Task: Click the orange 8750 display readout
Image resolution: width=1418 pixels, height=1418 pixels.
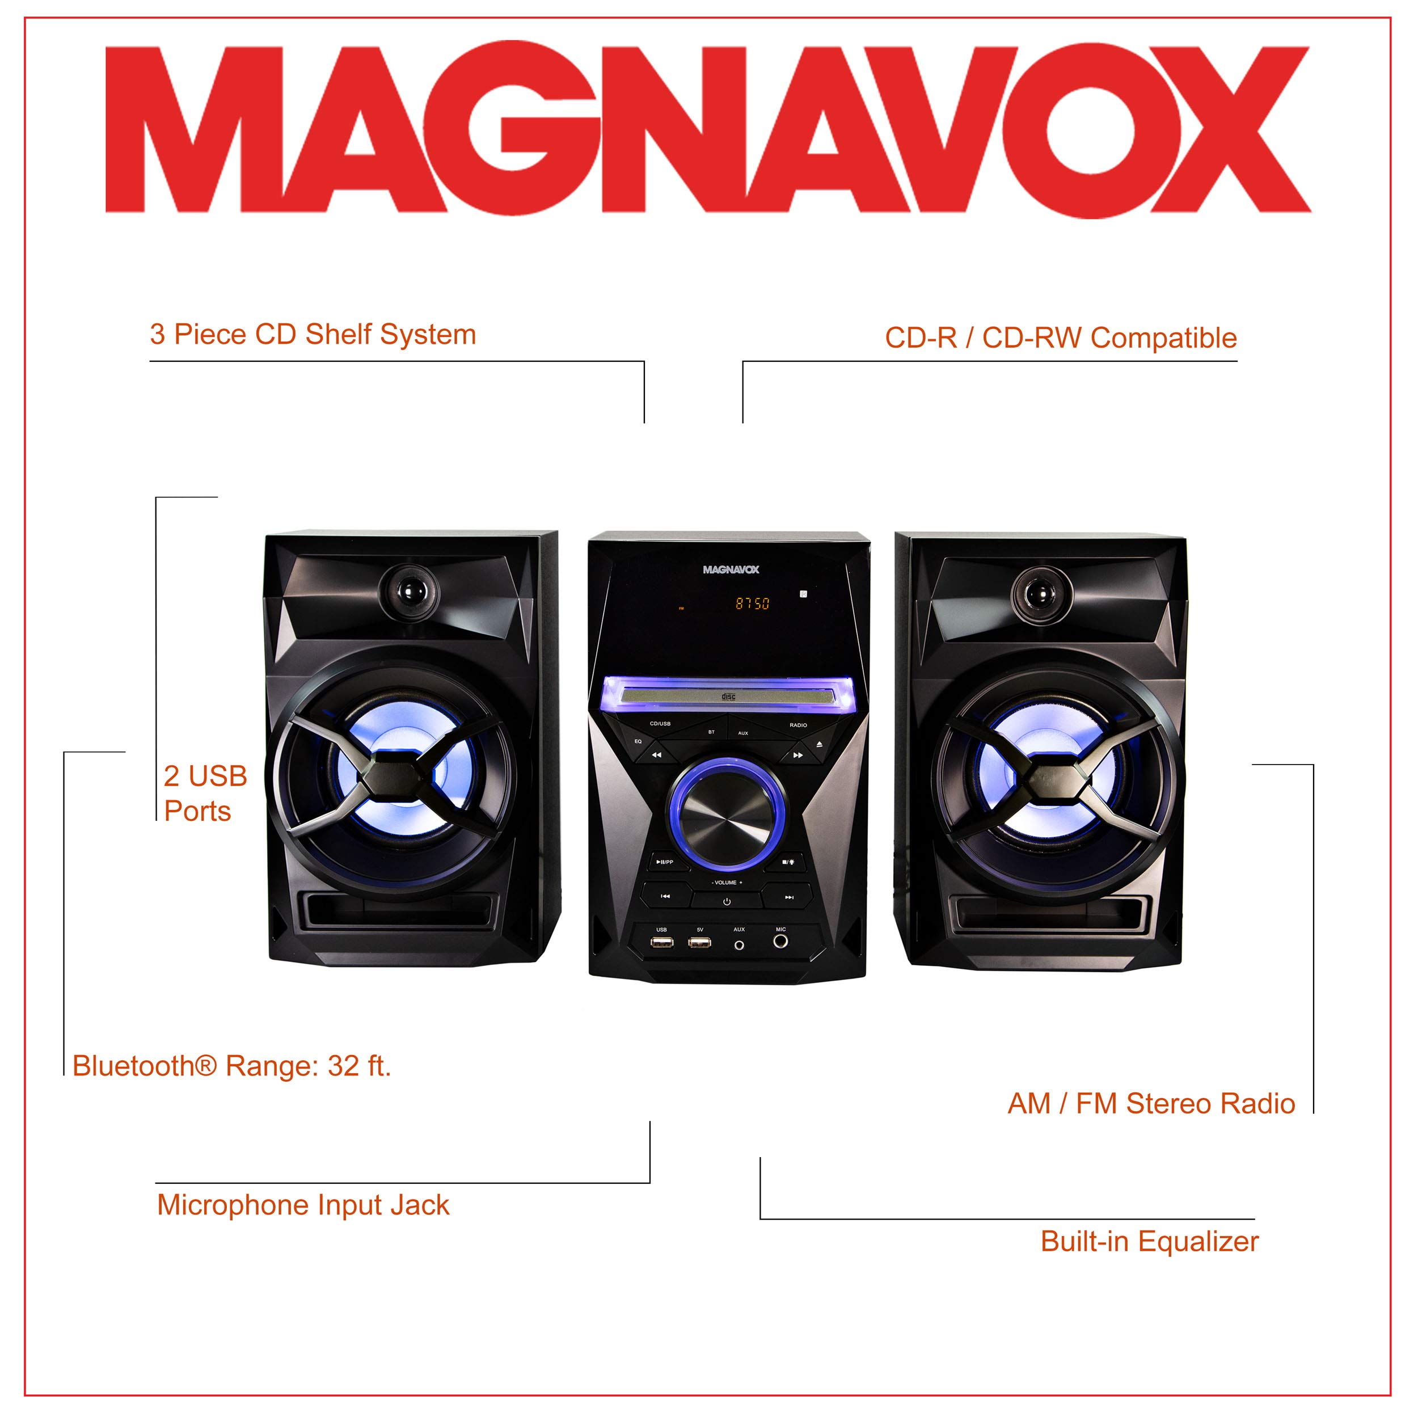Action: point(752,604)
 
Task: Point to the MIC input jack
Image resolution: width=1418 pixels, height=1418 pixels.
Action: point(780,941)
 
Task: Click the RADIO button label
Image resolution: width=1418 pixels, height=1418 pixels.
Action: point(798,725)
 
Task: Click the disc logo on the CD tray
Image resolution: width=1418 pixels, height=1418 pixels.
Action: point(728,696)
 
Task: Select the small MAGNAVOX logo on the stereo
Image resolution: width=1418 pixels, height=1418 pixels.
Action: point(731,569)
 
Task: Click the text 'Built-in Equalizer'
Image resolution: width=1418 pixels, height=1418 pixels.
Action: point(1149,1241)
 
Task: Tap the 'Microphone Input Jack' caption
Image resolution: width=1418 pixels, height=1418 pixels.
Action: point(302,1205)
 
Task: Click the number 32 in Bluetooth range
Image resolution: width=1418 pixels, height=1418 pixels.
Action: point(342,1066)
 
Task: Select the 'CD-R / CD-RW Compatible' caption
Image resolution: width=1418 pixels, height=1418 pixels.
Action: point(1061,337)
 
